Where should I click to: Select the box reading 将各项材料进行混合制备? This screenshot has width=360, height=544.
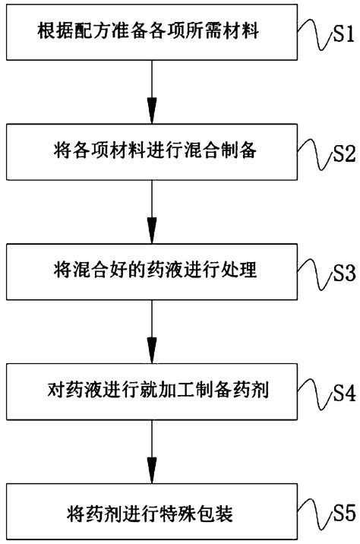tap(152, 151)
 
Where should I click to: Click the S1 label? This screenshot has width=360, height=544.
tap(340, 36)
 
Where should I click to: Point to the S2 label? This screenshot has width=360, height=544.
tap(340, 155)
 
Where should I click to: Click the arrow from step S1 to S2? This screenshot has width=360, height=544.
tap(152, 91)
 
